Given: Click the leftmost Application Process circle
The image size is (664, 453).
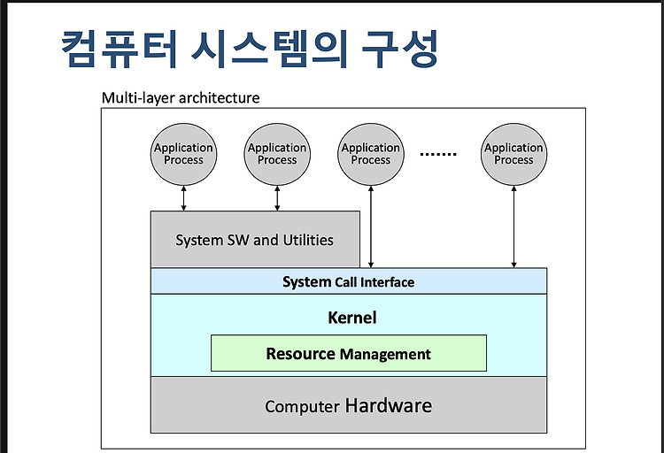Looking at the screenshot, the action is click(184, 154).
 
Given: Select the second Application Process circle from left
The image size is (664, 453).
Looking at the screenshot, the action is click(277, 154).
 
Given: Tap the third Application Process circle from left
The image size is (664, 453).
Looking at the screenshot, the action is click(371, 154).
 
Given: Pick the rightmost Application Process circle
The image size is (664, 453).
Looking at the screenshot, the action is click(513, 154).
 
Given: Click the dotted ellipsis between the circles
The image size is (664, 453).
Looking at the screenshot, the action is click(438, 154).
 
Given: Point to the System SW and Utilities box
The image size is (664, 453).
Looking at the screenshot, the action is click(255, 239).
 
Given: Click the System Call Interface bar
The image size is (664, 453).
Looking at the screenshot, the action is click(349, 281).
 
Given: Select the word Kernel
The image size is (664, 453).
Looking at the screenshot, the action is click(351, 318).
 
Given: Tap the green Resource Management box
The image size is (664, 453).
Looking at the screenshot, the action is click(349, 353).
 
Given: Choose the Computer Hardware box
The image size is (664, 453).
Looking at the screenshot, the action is click(349, 404).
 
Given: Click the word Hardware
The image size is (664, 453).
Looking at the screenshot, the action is click(389, 405).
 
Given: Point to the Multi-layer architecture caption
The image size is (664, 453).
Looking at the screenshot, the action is click(181, 98).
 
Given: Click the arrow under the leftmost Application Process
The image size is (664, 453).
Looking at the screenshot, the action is click(184, 198).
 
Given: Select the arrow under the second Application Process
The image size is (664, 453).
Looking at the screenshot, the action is click(277, 198).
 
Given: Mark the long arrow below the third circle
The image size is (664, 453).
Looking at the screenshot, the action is click(371, 226).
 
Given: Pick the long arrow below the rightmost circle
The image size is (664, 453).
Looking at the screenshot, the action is click(513, 226).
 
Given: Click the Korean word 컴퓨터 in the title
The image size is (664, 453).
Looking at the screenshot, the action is click(119, 50).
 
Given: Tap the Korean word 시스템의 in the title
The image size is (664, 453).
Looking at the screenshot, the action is click(270, 50).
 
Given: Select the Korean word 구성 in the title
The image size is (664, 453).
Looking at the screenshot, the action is click(400, 50).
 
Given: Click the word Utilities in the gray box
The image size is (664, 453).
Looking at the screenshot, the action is click(308, 240).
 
